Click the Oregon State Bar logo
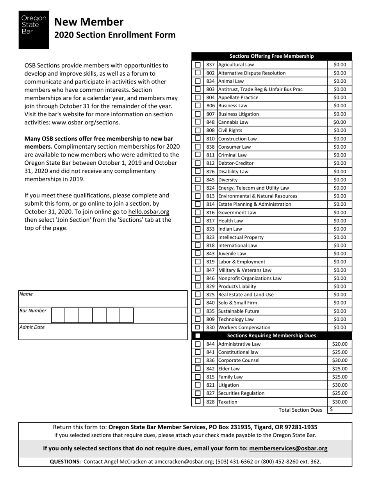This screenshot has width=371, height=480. tap(34, 30)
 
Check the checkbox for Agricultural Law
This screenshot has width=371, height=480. tap(198, 65)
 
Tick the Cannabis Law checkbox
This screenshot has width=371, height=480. tap(198, 122)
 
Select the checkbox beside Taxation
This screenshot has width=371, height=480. tap(198, 402)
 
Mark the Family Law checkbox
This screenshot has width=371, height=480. tap(198, 377)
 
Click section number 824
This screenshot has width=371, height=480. tap(210, 188)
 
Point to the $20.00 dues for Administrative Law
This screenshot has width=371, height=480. tap(339, 344)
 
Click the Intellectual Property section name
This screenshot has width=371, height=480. tap(241, 237)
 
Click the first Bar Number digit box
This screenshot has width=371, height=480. tap(58, 315)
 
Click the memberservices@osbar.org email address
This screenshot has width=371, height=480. tap(288, 449)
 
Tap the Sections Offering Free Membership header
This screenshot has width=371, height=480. tap(271, 56)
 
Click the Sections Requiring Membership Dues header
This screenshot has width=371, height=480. tap(271, 336)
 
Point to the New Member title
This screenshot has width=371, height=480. tap(89, 22)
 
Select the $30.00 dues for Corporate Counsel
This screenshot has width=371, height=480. tap(339, 361)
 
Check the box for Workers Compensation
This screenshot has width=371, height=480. tap(198, 327)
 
